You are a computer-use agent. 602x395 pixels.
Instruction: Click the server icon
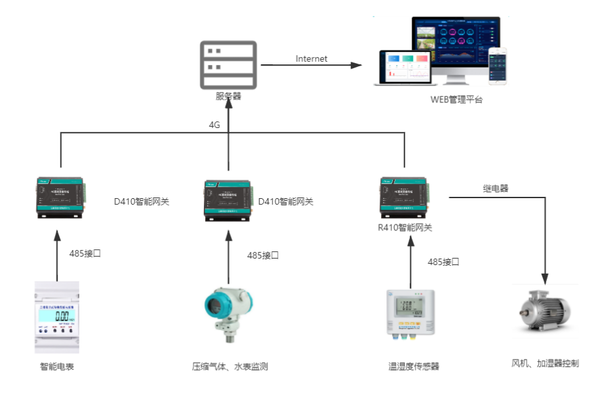[228, 64]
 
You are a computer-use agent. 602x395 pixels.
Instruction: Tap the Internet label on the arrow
[311, 58]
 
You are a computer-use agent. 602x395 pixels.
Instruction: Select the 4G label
[214, 125]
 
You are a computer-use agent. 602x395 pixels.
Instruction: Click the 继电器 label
[496, 188]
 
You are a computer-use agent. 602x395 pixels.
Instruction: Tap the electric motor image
[543, 312]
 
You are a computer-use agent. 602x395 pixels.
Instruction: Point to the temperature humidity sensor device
[411, 312]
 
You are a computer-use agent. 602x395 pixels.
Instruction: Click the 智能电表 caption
[56, 366]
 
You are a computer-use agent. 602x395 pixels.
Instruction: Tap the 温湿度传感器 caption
[413, 366]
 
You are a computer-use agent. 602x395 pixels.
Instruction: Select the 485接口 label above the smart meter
[85, 253]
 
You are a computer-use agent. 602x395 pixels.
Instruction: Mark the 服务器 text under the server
[228, 96]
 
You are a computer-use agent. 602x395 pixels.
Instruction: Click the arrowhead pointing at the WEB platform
[356, 65]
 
